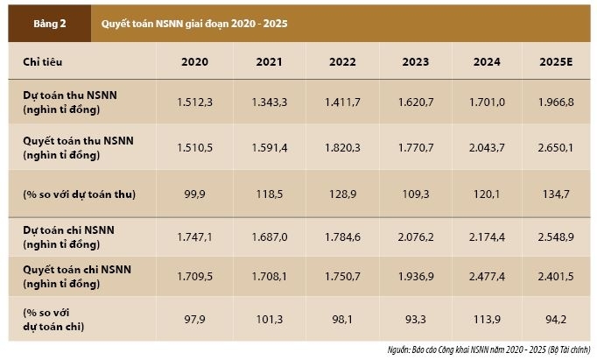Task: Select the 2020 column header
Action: (x=194, y=62)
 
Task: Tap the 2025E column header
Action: (x=558, y=62)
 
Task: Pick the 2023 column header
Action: (x=416, y=62)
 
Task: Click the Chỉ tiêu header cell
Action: (x=43, y=62)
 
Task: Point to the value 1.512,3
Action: (x=194, y=102)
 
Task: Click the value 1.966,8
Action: (x=558, y=102)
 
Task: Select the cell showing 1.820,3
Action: (x=342, y=147)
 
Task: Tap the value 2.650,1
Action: (x=558, y=147)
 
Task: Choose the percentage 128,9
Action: (x=342, y=193)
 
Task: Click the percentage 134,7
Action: (x=558, y=193)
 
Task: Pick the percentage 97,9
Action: (x=194, y=319)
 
